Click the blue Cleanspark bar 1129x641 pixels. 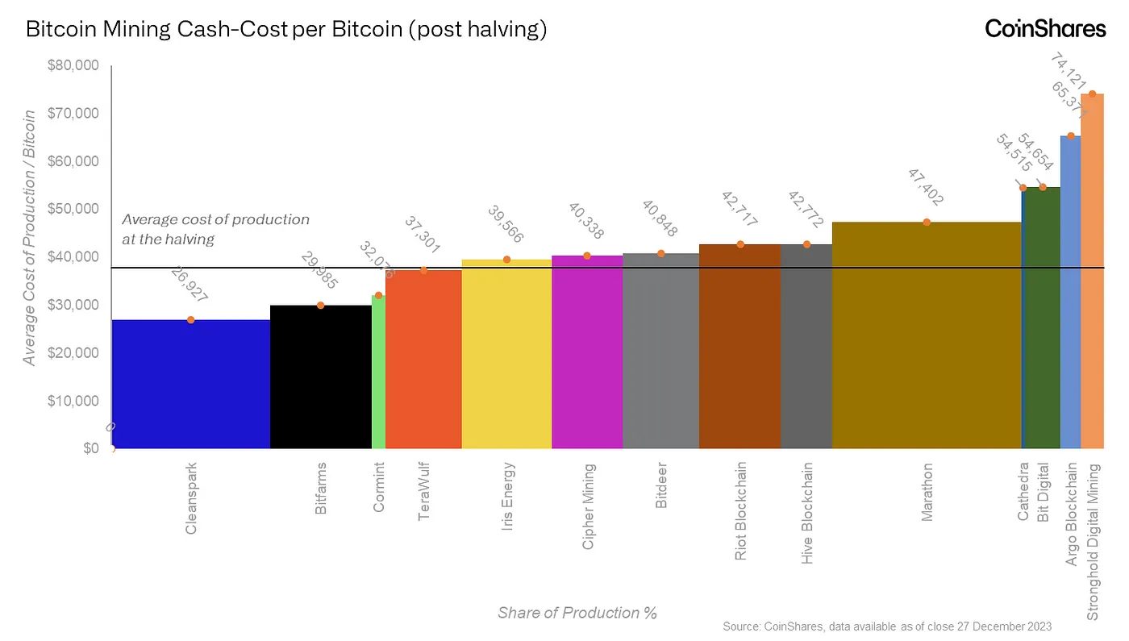click(190, 384)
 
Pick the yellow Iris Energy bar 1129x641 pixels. click(506, 355)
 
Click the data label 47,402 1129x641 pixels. click(926, 188)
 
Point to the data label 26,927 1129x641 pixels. click(190, 285)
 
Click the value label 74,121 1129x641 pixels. click(1071, 73)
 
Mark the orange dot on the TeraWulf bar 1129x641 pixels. click(423, 270)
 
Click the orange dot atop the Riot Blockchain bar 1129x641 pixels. click(740, 244)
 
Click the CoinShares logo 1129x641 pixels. click(1045, 29)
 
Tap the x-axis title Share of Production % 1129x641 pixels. click(577, 613)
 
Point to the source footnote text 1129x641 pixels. click(887, 626)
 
